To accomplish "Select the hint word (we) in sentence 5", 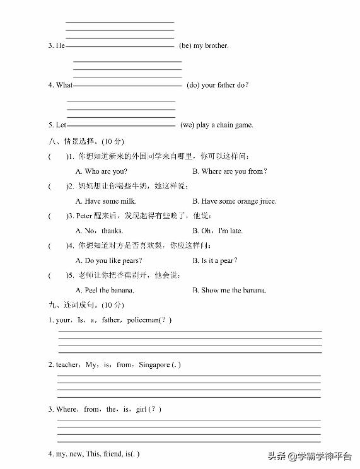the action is click(187, 125).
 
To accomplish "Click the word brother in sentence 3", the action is click(216, 45).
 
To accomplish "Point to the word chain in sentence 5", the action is click(225, 125).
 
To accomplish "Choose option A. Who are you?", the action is click(101, 171).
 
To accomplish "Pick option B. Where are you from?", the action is click(229, 171).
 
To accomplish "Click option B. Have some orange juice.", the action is click(234, 201).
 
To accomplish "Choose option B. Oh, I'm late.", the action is click(217, 231).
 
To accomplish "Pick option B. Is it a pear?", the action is click(215, 260).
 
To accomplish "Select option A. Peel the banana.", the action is click(105, 290).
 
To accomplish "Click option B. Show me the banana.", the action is click(229, 290).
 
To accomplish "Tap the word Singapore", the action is click(153, 364).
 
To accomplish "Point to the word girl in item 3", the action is click(141, 409).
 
